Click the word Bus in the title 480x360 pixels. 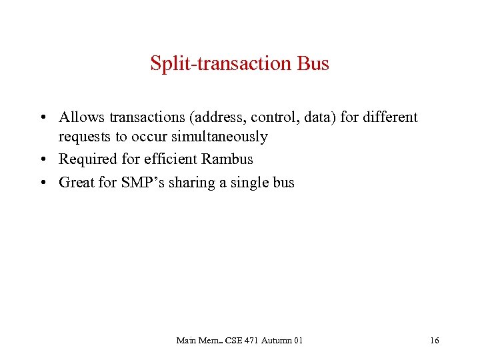pyautogui.click(x=311, y=64)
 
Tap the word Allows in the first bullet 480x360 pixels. pyautogui.click(x=80, y=118)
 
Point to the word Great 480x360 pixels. pyautogui.click(x=77, y=183)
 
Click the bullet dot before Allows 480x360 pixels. pyautogui.click(x=42, y=119)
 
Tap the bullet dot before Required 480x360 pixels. pyautogui.click(x=42, y=161)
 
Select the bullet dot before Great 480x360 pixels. pyautogui.click(x=42, y=183)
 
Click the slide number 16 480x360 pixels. pyautogui.click(x=435, y=341)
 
